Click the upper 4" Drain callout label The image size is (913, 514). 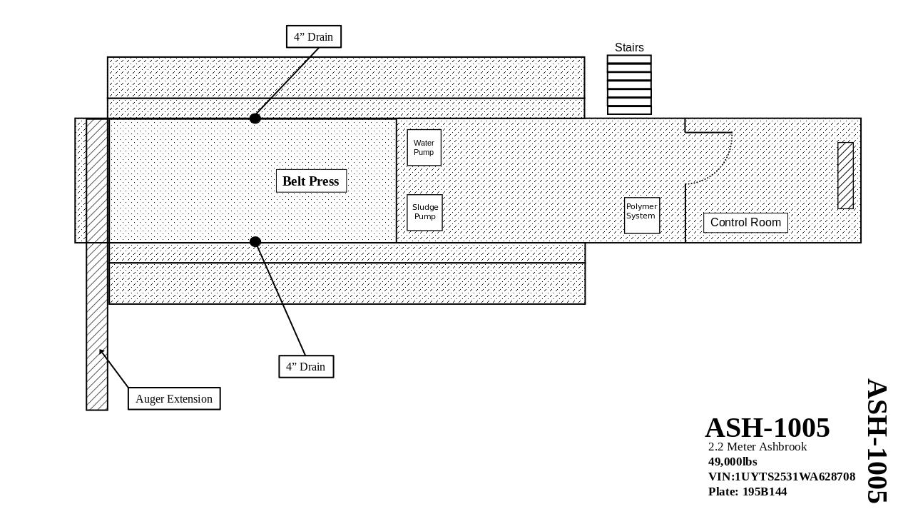click(x=314, y=36)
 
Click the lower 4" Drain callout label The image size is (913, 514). click(x=306, y=366)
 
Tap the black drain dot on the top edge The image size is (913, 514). click(x=255, y=119)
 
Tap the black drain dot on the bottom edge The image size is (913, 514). click(x=255, y=242)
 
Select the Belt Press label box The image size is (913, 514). click(x=311, y=181)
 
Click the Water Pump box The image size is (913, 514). click(x=424, y=148)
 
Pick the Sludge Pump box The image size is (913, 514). click(x=424, y=212)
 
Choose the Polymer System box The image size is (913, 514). click(x=641, y=215)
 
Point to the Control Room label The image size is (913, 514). click(x=745, y=222)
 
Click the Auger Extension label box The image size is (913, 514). click(x=174, y=398)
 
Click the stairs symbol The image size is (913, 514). click(x=629, y=84)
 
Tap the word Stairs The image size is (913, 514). click(x=629, y=47)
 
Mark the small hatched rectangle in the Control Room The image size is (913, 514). click(x=845, y=176)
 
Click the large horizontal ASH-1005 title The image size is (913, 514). click(x=767, y=428)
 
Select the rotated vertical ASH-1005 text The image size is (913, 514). click(x=877, y=440)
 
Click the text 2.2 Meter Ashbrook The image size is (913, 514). click(x=757, y=447)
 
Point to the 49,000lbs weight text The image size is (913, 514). click(x=733, y=461)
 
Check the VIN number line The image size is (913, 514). click(x=781, y=476)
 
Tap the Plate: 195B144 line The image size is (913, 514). click(x=747, y=491)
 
